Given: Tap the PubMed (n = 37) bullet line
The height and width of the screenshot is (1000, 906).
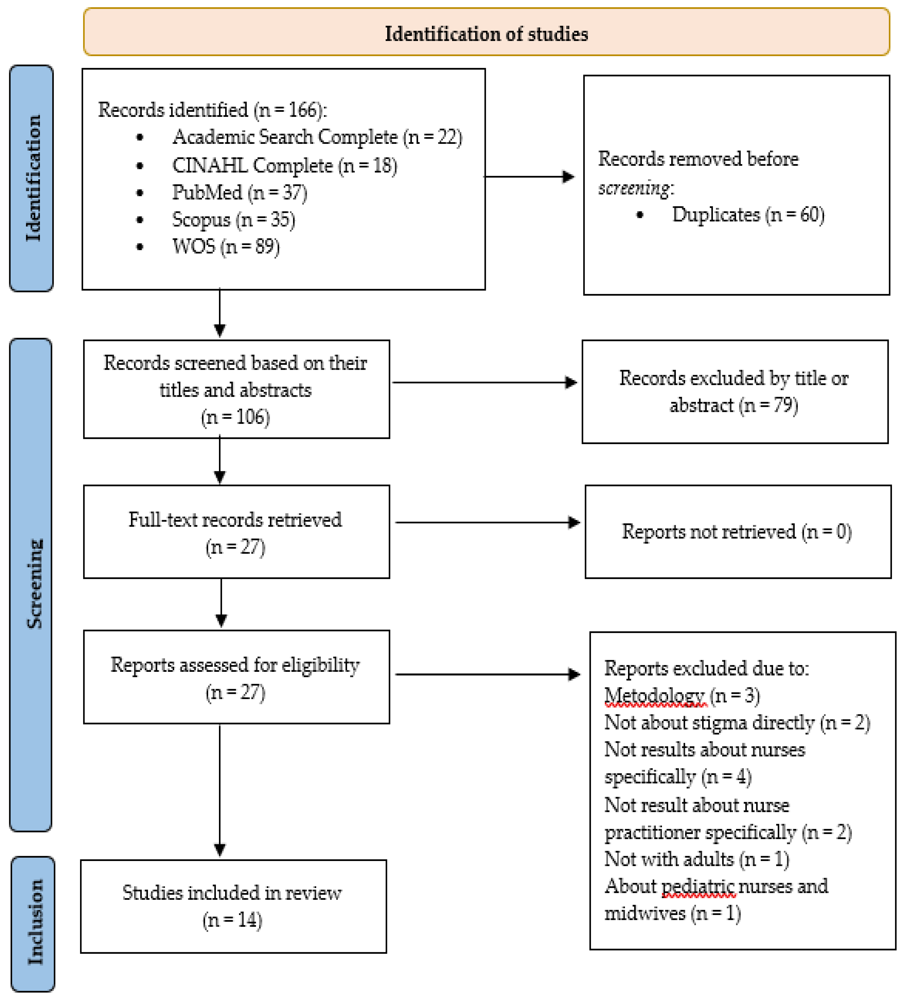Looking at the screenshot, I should click(x=239, y=192).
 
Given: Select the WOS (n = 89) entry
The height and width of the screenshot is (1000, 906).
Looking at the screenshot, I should click(x=225, y=246).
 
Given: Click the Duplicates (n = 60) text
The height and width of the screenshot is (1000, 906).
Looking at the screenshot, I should click(x=747, y=215).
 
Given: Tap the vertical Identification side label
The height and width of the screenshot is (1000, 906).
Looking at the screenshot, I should click(x=32, y=179).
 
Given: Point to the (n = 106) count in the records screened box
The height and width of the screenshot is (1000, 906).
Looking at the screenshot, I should click(x=235, y=417).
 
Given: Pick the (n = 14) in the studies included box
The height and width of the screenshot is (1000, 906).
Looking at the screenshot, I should click(x=232, y=920).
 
